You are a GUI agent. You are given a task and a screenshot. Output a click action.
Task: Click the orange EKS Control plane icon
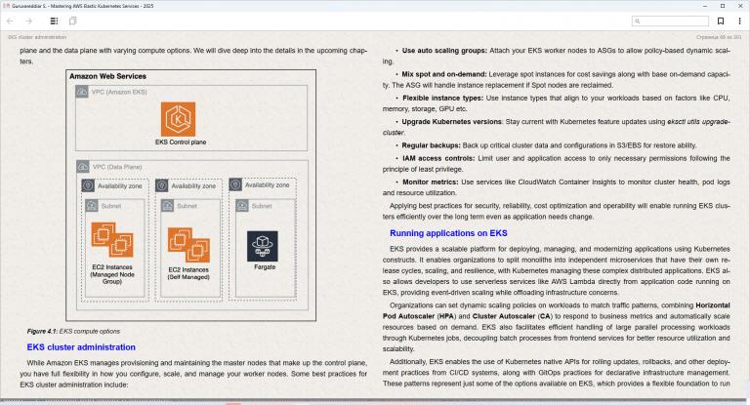pos(178,119)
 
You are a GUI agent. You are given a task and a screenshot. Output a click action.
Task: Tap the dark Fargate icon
pos(262,246)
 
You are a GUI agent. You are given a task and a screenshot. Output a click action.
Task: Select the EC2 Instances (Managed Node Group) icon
pos(112,239)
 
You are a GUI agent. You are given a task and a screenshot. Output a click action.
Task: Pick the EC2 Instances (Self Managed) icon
pos(188,244)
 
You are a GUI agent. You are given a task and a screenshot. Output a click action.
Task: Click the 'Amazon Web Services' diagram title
pos(107,76)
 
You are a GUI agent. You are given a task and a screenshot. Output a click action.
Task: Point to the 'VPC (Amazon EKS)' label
pos(119,92)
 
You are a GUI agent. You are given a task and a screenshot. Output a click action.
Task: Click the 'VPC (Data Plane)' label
pos(117,167)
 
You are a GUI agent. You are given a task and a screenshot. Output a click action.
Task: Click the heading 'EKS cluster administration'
pos(81,347)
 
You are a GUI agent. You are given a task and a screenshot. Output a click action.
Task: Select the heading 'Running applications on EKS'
pos(448,233)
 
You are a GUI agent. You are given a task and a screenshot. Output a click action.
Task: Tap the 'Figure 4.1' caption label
pos(42,331)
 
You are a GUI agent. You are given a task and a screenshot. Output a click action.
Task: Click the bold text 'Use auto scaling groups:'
pos(444,50)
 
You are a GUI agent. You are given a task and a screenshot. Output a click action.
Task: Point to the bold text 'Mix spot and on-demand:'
pos(444,74)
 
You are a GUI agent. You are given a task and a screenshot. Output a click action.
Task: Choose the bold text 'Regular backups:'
pos(431,145)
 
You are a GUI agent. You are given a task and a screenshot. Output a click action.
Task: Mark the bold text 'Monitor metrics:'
pos(430,182)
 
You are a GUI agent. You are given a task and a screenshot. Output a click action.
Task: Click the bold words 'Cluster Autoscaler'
pos(503,316)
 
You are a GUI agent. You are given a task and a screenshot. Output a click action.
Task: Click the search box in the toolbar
pos(670,21)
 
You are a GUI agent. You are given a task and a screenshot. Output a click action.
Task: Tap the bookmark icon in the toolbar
pos(721,21)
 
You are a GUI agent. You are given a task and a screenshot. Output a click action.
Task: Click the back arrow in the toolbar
pos(10,21)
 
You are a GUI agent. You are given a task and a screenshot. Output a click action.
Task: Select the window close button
pos(739,6)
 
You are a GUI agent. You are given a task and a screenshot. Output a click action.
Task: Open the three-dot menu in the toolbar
pos(739,21)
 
